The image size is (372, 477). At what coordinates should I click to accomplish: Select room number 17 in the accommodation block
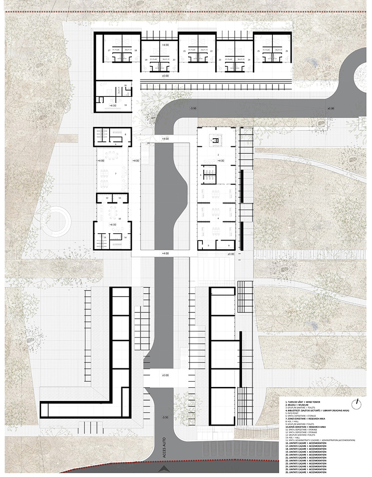pyautogui.click(x=109, y=50)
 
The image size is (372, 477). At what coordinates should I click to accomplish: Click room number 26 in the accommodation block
pyautogui.click(x=287, y=51)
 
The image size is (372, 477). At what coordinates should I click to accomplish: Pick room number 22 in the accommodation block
pyautogui.click(x=211, y=51)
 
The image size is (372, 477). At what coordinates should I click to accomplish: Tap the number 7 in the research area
pyautogui.click(x=116, y=174)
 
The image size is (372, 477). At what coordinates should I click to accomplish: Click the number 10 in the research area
pyautogui.click(x=119, y=219)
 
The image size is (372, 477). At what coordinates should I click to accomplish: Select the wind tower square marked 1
pyautogui.click(x=216, y=140)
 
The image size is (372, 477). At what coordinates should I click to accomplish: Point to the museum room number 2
pyautogui.click(x=218, y=155)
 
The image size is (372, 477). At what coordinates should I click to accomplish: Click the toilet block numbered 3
pyautogui.click(x=201, y=175)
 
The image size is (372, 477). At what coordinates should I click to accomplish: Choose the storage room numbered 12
pyautogui.click(x=107, y=198)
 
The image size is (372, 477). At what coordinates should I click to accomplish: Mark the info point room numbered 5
pyautogui.click(x=208, y=245)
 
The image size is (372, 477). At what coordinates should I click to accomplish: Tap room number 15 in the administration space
pyautogui.click(x=126, y=105)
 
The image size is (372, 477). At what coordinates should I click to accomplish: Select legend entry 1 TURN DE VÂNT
pyautogui.click(x=301, y=402)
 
